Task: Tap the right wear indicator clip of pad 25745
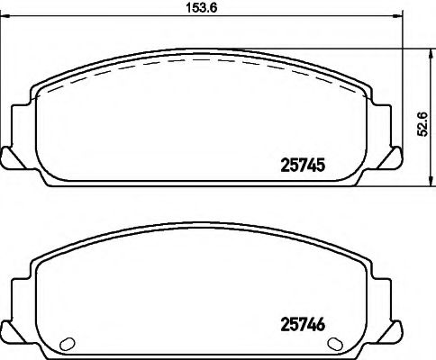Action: click(393, 157)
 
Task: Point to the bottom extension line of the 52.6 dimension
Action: click(396, 185)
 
